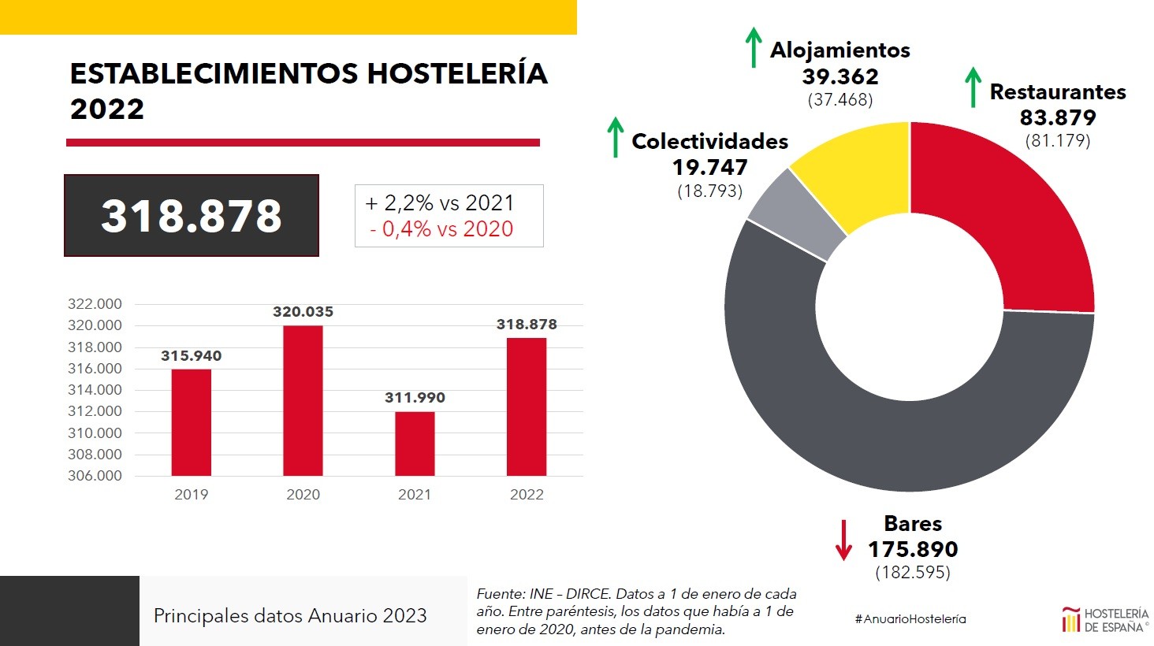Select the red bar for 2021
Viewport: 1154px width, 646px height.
click(415, 444)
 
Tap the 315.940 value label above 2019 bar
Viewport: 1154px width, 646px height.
click(192, 356)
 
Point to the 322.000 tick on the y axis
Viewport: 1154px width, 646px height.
click(95, 304)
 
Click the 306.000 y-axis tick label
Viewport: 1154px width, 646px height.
click(95, 476)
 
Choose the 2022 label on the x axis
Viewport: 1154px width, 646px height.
click(527, 495)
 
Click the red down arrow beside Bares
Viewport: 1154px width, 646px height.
click(843, 540)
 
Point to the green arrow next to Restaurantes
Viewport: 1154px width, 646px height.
click(973, 87)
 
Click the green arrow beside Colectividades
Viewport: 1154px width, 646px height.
click(615, 137)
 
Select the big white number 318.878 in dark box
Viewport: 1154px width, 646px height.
click(192, 216)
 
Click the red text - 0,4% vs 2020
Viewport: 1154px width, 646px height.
click(441, 229)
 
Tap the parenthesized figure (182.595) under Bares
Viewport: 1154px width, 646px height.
click(913, 573)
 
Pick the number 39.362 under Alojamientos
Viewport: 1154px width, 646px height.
click(840, 76)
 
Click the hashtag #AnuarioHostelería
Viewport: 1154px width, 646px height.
click(910, 619)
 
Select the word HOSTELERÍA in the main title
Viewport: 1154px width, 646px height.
click(457, 73)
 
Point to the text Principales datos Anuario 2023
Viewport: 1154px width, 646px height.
click(290, 616)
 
